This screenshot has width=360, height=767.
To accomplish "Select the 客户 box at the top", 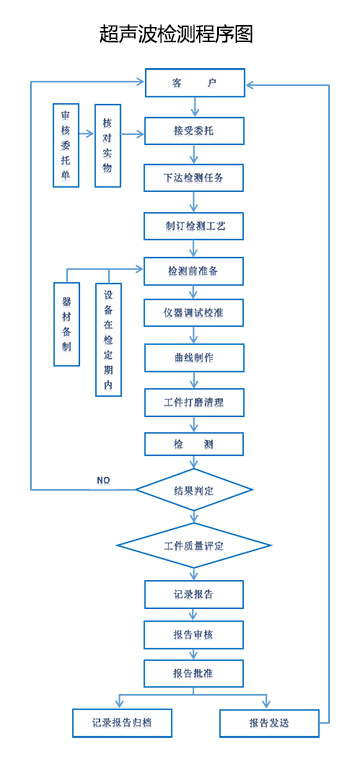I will [194, 83].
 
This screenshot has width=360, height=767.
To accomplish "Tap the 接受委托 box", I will [194, 131].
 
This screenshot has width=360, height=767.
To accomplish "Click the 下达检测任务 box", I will [194, 178].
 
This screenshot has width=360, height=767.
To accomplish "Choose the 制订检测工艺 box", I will [194, 225].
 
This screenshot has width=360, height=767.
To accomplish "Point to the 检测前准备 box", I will [194, 271].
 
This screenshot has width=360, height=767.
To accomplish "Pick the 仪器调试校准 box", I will [194, 313].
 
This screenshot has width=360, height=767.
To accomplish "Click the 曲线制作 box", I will [194, 357].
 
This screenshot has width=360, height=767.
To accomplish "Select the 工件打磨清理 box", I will [194, 402].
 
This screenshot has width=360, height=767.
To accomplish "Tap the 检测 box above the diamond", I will [194, 444].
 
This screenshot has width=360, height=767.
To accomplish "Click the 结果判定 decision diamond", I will [194, 491].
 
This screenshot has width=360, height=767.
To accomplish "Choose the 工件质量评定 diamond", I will [194, 546].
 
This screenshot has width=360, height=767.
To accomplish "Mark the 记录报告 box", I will [194, 594].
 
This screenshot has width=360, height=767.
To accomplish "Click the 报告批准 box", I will [194, 672].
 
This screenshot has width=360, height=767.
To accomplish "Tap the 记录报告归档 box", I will [121, 721].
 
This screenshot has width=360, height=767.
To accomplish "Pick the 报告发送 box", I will [269, 721].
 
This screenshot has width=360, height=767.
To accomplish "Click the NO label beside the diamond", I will [103, 481].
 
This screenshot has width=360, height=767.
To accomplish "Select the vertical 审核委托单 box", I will [67, 145].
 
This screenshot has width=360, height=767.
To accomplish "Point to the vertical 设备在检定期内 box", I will [108, 340].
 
